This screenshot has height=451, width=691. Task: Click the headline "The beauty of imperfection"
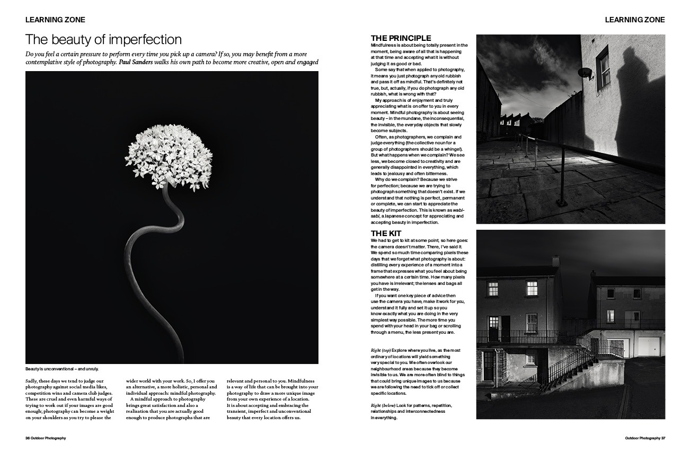pos(103,40)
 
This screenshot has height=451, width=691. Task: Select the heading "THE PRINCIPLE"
pos(401,38)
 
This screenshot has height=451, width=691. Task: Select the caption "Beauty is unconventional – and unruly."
pos(62,369)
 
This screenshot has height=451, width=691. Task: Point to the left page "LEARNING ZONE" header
pos(55,20)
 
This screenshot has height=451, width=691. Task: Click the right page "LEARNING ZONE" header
pos(635,20)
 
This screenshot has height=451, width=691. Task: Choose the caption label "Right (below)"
pos(383,405)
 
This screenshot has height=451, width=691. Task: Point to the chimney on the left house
pos(555,261)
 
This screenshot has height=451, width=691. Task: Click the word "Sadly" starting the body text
pos(32,381)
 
